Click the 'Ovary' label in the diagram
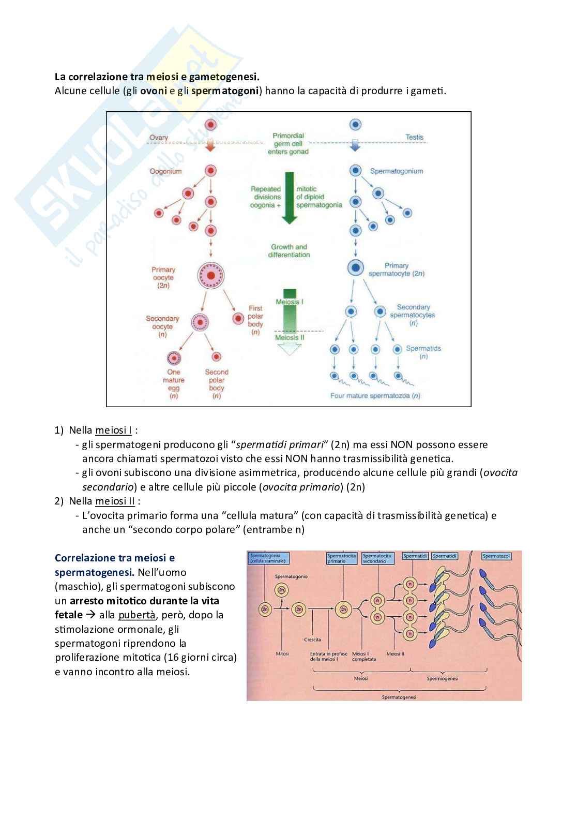159,138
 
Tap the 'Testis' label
414,137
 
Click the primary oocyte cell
210,275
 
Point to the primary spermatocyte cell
355,268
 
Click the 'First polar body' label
255,320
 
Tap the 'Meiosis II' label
290,337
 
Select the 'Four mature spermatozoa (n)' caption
375,396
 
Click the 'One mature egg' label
174,384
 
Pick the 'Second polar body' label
217,384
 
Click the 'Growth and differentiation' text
289,251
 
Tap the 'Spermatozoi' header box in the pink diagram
496,556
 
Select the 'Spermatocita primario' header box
341,558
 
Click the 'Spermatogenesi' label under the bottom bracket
399,697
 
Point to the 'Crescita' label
312,640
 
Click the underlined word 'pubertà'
136,615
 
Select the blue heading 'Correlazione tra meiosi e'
115,558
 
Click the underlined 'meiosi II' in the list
115,501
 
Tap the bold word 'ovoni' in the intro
154,91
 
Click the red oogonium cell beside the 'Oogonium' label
210,171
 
